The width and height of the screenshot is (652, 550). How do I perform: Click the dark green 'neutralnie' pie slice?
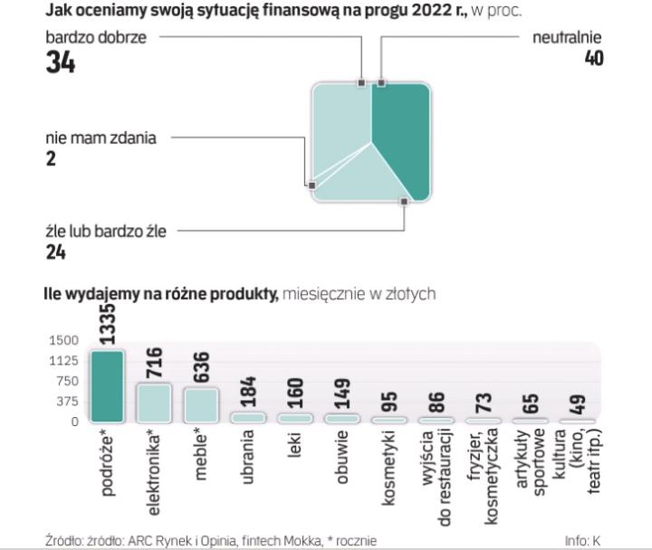(398, 136)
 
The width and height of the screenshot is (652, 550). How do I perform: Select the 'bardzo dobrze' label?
(95, 37)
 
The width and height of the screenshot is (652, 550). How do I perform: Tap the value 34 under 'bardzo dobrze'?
(60, 63)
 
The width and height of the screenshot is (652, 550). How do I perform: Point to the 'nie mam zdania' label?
(101, 138)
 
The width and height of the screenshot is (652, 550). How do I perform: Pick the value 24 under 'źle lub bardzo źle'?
(55, 251)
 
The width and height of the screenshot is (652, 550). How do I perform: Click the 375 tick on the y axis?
(69, 401)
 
